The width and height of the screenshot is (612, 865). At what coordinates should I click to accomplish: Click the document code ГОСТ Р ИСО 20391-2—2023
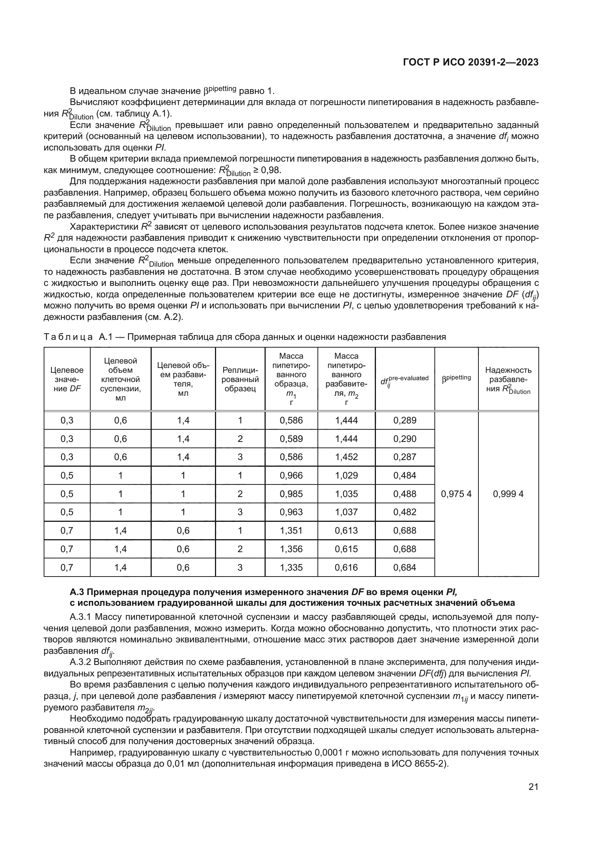point(471,62)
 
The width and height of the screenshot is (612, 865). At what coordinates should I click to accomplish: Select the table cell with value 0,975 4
point(456,494)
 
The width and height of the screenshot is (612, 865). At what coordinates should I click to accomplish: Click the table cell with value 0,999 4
point(508,494)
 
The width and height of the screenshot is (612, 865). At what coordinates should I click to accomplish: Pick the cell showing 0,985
point(291,494)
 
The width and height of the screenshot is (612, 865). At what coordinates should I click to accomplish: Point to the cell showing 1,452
point(346,457)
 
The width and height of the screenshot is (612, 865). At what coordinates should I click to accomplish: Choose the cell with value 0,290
point(405,439)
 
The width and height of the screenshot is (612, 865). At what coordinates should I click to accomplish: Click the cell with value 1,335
point(291,567)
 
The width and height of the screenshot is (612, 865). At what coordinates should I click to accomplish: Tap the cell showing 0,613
point(346,530)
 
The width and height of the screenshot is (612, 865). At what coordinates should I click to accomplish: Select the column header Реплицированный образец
point(240,379)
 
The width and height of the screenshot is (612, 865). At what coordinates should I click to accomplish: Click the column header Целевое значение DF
point(67,379)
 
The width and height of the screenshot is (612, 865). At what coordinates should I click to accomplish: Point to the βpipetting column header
point(456,378)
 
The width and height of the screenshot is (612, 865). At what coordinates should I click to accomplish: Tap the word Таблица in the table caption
point(68,337)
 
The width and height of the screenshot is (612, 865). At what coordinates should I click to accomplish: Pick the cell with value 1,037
point(346,512)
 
